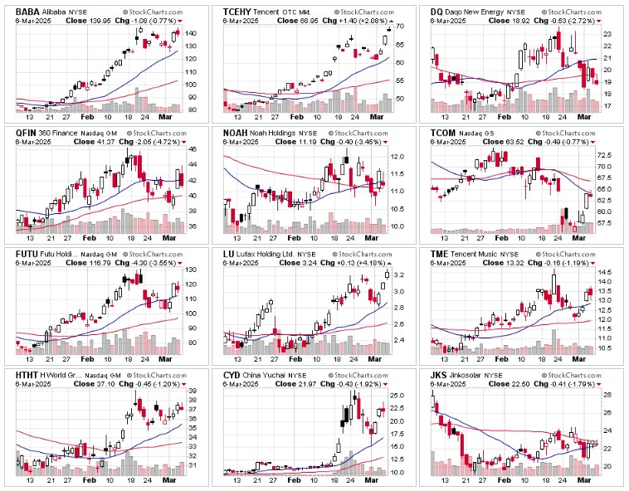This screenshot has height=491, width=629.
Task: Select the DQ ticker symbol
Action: click(x=438, y=11)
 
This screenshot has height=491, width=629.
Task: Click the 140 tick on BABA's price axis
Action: click(x=191, y=33)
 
